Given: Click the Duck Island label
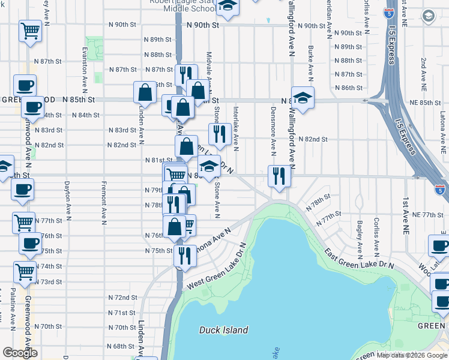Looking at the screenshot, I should tap(223, 330).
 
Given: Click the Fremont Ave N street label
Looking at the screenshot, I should tap(104, 199).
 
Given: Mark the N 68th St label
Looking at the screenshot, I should tap(122, 346).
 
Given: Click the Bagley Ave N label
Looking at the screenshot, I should tap(359, 236).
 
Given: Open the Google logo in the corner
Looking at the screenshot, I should tap(20, 352).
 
